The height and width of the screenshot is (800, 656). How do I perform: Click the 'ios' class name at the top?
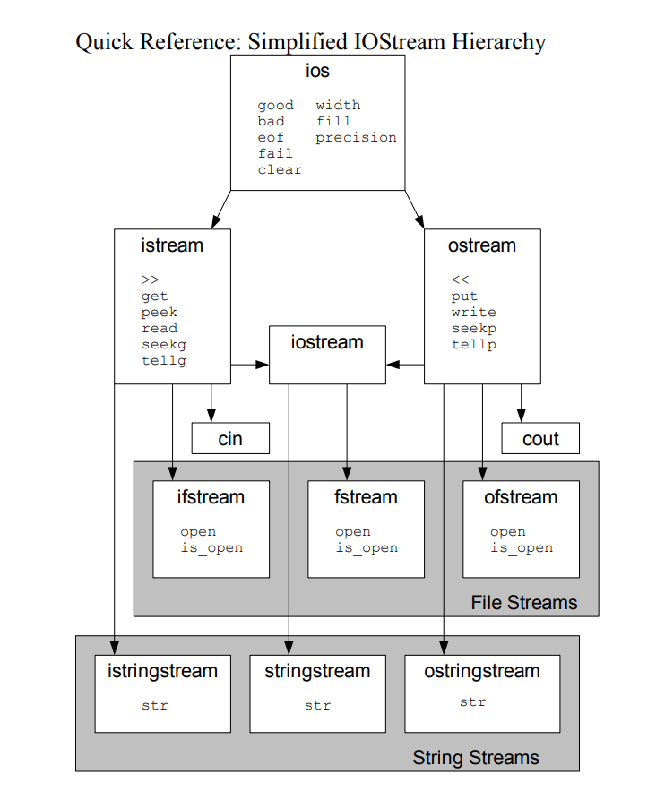pyautogui.click(x=317, y=73)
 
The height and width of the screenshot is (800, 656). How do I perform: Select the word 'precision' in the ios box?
pyautogui.click(x=356, y=138)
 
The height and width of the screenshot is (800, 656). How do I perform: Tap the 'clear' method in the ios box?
pyautogui.click(x=280, y=170)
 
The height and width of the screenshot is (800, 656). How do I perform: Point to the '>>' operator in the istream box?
pyautogui.click(x=150, y=280)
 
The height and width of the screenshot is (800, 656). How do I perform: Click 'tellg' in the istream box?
pyautogui.click(x=164, y=361)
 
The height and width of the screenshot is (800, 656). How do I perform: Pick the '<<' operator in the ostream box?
pyautogui.click(x=461, y=280)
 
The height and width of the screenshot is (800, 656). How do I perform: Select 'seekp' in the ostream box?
pyautogui.click(x=473, y=329)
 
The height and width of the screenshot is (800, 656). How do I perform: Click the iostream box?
pyautogui.click(x=327, y=353)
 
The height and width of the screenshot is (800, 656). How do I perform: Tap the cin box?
pyautogui.click(x=230, y=439)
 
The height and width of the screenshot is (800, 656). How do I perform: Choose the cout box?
pyautogui.click(x=539, y=439)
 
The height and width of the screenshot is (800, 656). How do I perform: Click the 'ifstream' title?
pyautogui.click(x=211, y=497)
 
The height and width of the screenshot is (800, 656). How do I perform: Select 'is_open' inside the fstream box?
pyautogui.click(x=367, y=548)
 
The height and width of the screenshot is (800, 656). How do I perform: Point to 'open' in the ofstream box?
pyautogui.click(x=507, y=532)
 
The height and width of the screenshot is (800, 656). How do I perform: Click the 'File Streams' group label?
pyautogui.click(x=524, y=603)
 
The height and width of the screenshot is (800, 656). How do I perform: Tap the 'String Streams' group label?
pyautogui.click(x=476, y=758)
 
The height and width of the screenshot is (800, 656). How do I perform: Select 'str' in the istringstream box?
pyautogui.click(x=154, y=706)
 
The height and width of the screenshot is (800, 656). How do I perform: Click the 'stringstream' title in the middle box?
pyautogui.click(x=317, y=672)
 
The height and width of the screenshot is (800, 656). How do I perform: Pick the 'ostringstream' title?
pyautogui.click(x=482, y=672)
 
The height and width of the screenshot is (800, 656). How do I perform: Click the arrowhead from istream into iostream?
pyautogui.click(x=263, y=365)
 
